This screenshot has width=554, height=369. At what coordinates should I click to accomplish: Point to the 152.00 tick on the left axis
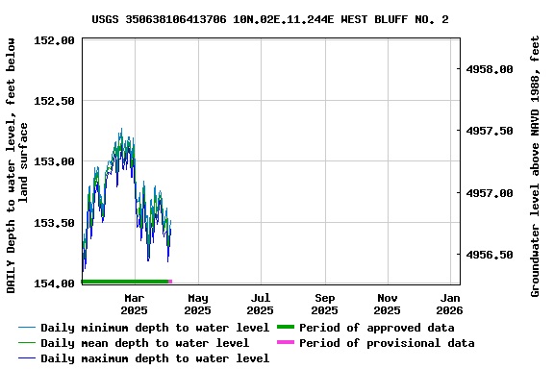pyautogui.click(x=55, y=40)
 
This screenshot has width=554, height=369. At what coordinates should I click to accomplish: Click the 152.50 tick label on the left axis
pyautogui.click(x=55, y=101)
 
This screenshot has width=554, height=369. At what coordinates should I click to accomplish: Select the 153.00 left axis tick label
pyautogui.click(x=55, y=161)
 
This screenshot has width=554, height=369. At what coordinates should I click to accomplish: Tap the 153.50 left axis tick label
pyautogui.click(x=55, y=223)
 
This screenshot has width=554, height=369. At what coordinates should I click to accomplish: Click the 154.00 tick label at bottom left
pyautogui.click(x=55, y=283)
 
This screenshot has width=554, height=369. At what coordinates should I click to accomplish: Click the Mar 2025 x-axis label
pyautogui.click(x=134, y=304)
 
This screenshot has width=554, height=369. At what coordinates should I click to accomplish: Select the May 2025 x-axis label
pyautogui.click(x=197, y=304)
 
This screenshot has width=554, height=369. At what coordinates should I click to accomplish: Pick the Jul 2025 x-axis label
pyautogui.click(x=260, y=304)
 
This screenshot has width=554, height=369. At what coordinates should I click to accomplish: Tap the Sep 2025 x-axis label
pyautogui.click(x=324, y=304)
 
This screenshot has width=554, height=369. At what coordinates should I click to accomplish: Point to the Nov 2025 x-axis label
pyautogui.click(x=387, y=304)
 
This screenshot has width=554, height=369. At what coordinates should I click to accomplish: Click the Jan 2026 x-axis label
pyautogui.click(x=449, y=304)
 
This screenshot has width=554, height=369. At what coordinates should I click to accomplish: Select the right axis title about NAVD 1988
pyautogui.click(x=536, y=165)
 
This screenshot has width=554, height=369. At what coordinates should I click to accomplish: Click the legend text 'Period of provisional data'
pyautogui.click(x=387, y=343)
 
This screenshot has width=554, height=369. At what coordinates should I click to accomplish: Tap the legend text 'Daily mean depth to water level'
pyautogui.click(x=145, y=343)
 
